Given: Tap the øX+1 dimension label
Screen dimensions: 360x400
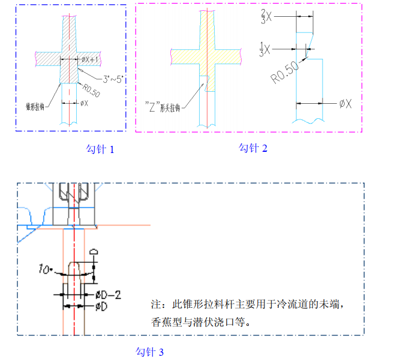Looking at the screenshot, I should tap(91, 59).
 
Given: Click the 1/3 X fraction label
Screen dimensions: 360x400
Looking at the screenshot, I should tap(266, 47).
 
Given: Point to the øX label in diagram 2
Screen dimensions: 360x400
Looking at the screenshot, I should tap(345, 104).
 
